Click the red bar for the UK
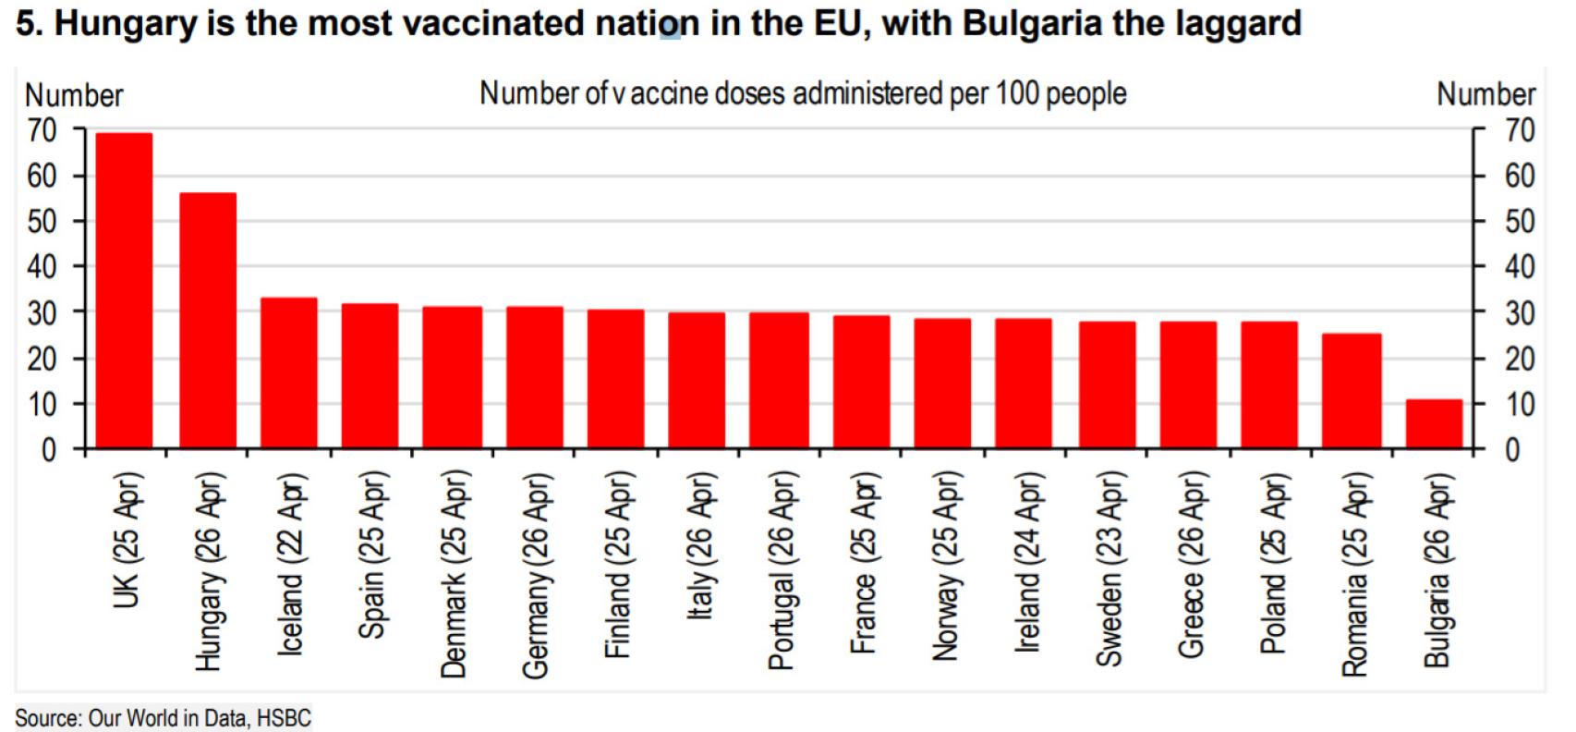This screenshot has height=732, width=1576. tap(124, 291)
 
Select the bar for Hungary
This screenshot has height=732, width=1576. tap(208, 321)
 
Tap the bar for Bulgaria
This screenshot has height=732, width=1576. tap(1434, 424)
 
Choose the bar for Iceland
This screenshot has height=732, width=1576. tap(289, 373)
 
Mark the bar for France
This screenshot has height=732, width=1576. tap(862, 383)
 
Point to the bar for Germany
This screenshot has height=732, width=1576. tap(535, 378)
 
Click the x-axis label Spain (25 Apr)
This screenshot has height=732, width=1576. tap(371, 555)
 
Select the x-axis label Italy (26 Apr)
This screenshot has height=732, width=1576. tap(699, 545)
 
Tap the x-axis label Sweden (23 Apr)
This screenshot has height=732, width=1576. tap(1109, 568)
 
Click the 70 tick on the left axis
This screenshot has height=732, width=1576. tap(42, 130)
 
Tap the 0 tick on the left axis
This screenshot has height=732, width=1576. tap(49, 450)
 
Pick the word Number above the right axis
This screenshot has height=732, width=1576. tap(1485, 94)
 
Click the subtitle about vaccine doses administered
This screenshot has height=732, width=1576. tap(803, 93)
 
